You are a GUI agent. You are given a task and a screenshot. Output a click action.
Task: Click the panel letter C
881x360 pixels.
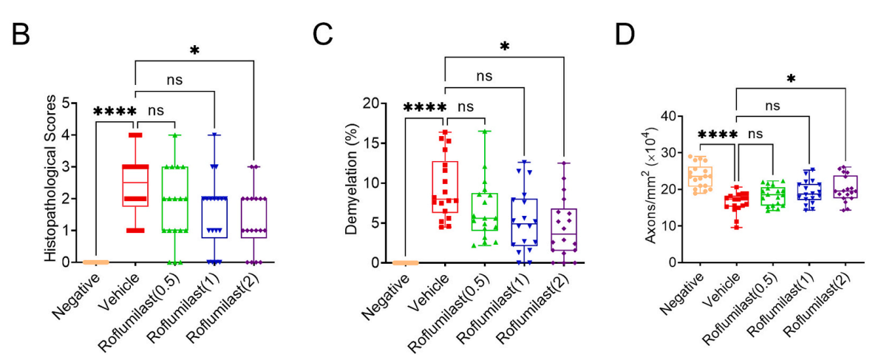click(x=322, y=35)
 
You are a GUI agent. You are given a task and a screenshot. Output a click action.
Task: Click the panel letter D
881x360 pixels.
click(x=625, y=35)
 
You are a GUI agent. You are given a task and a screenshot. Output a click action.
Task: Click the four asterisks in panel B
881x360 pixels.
click(x=115, y=112)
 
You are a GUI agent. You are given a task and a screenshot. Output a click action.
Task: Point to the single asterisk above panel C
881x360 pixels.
click(x=505, y=47)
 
